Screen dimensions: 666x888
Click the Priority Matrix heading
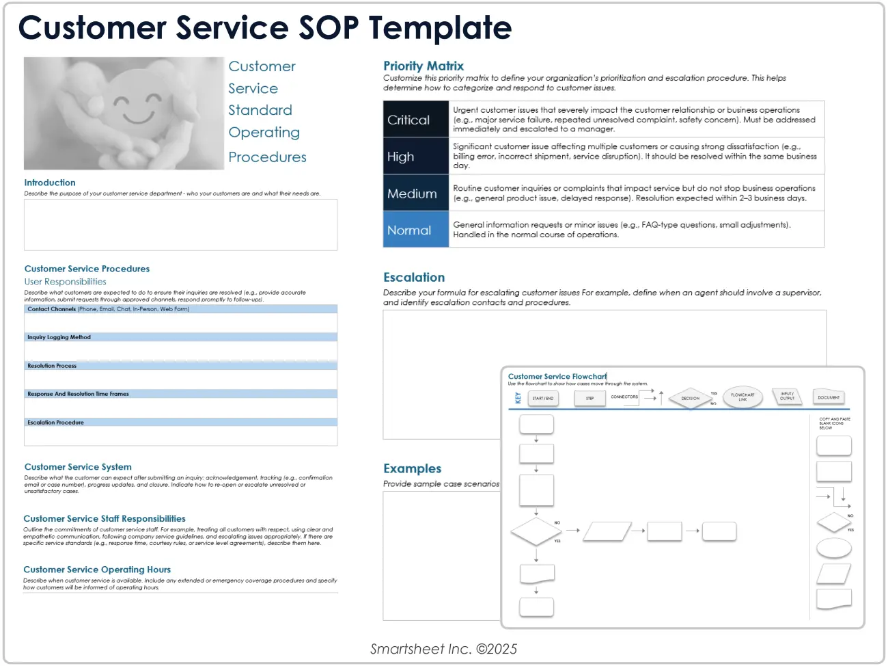[x=424, y=66]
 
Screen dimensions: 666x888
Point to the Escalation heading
[x=414, y=278]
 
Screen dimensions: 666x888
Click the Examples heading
[x=412, y=468]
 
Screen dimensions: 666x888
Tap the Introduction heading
[x=50, y=183]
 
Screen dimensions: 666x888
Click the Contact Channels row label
[x=52, y=309]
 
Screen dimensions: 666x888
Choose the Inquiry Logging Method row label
[x=59, y=337]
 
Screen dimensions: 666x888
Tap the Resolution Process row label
[x=52, y=366]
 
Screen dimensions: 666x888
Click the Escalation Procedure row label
[x=55, y=423]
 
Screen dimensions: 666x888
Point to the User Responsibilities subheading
[x=66, y=282]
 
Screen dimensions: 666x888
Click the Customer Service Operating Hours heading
[x=97, y=570]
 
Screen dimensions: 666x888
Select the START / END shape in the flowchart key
[x=543, y=398]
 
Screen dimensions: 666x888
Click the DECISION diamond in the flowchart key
[x=690, y=398]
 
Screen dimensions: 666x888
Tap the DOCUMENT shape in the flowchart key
[x=829, y=397]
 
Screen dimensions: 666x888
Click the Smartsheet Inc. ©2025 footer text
[x=444, y=649]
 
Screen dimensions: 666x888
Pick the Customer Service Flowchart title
[x=557, y=377]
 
